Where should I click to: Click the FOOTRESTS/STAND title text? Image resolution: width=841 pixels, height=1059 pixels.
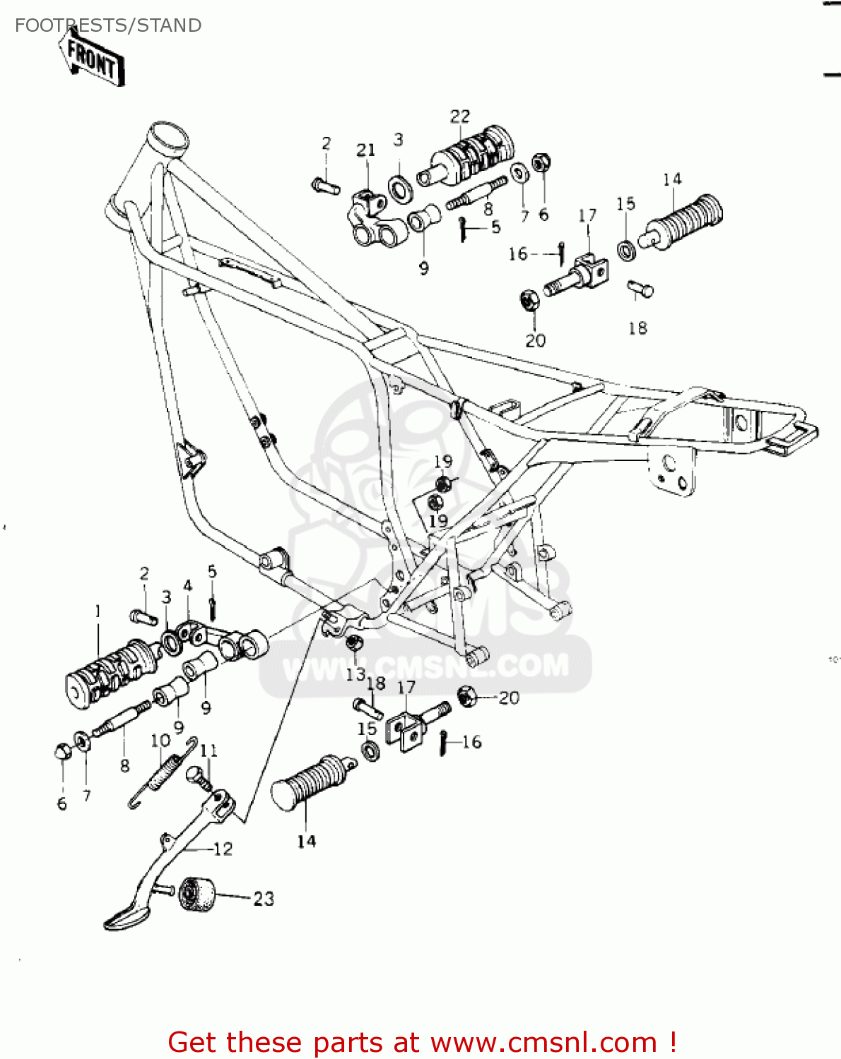pyautogui.click(x=108, y=25)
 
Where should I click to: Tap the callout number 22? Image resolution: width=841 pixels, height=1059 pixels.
pyautogui.click(x=459, y=116)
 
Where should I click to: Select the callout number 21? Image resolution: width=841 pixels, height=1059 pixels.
pyautogui.click(x=365, y=150)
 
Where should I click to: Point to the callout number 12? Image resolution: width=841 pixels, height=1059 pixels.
pyautogui.click(x=223, y=849)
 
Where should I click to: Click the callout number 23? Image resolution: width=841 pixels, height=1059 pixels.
pyautogui.click(x=264, y=899)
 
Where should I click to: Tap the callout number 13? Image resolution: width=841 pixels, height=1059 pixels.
pyautogui.click(x=355, y=674)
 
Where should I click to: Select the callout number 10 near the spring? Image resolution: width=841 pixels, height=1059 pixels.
pyautogui.click(x=160, y=741)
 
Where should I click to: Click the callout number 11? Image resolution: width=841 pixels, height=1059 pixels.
pyautogui.click(x=208, y=750)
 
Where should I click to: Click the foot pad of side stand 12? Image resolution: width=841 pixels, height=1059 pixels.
pyautogui.click(x=126, y=917)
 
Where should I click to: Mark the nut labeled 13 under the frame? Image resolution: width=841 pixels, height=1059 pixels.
pyautogui.click(x=354, y=643)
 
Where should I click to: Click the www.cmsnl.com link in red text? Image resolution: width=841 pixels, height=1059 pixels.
pyautogui.click(x=544, y=1043)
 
